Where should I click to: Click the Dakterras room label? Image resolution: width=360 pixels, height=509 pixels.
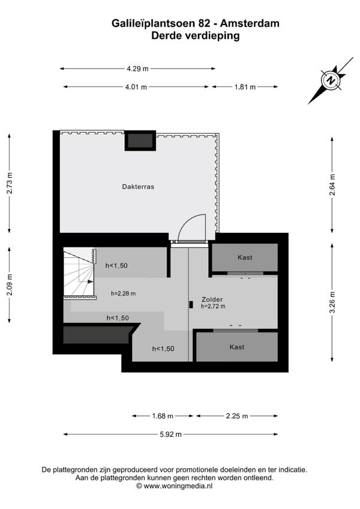pos(138,187)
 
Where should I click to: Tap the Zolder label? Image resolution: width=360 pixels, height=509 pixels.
pos(212,300)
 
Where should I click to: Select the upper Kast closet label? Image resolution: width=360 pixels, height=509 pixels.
pos(245,258)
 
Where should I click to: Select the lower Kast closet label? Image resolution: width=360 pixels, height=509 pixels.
pos(236,347)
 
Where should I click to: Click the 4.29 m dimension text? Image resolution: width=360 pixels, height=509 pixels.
pos(137,68)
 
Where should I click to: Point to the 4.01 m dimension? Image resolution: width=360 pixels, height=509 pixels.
pos(136,87)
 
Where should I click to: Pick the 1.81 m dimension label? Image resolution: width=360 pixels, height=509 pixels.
pos(245,87)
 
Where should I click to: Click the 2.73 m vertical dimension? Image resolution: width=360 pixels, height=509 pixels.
pos(10,183)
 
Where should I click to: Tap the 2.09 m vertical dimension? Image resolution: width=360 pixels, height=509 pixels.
pos(10,285)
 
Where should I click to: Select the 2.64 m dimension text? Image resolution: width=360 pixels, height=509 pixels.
pos(332,185)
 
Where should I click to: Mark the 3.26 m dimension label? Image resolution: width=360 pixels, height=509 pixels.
pos(332,303)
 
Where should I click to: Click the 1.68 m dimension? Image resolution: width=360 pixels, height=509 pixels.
pos(163,416)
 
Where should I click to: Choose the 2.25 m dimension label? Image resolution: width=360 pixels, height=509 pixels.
pos(237,416)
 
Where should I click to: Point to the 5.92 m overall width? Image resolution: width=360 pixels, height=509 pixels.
pos(171,435)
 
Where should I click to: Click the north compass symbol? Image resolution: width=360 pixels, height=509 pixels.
pos(331,80)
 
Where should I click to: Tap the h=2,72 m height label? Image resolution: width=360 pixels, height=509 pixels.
pos(213,306)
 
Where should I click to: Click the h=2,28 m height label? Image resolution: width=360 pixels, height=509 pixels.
pos(124,294)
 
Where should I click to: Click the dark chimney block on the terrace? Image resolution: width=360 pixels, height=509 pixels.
pos(140,140)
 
